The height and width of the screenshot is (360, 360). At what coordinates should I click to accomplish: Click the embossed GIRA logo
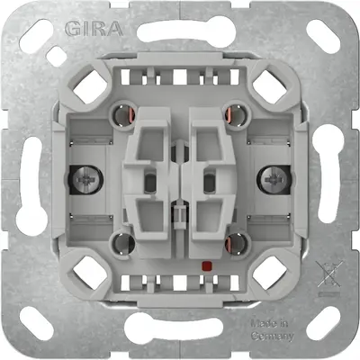click(94, 29)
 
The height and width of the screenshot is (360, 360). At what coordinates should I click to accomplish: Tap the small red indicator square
click(206, 265)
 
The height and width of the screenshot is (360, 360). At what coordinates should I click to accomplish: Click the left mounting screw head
click(86, 180)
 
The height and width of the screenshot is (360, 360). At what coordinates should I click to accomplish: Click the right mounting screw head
click(274, 180)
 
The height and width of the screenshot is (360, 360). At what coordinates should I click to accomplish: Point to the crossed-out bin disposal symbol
click(329, 274)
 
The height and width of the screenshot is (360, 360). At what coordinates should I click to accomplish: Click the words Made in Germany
click(272, 330)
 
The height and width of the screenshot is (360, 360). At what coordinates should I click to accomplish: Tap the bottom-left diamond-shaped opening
click(90, 272)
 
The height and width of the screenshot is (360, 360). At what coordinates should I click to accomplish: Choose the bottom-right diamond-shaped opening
click(269, 272)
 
